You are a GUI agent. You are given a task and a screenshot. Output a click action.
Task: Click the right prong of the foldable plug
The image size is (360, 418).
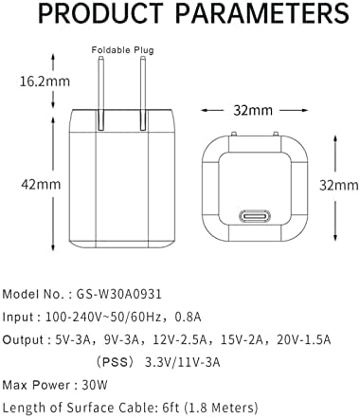point(142,83)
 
